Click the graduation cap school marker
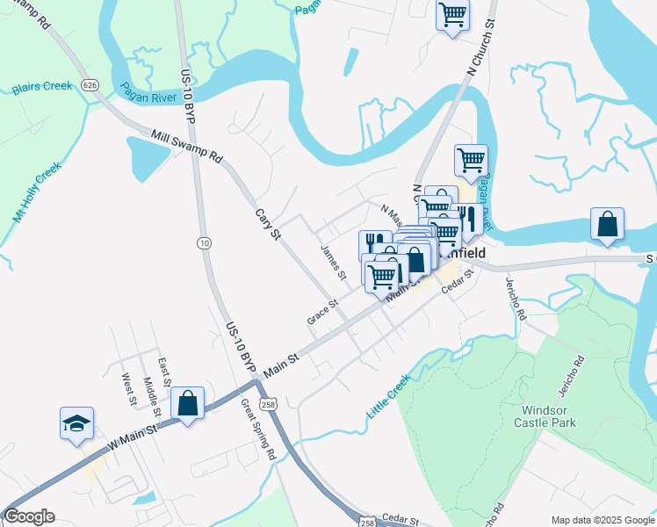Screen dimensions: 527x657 [x=76, y=422]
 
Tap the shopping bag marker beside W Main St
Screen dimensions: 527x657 [x=188, y=403]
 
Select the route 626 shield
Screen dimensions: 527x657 [x=89, y=85]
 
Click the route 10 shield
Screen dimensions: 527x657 [x=204, y=242]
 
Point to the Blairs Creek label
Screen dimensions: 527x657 [x=42, y=88]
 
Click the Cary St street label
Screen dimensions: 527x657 [x=267, y=224]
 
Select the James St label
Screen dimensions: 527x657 [x=335, y=263]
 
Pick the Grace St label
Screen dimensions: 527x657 [x=322, y=313]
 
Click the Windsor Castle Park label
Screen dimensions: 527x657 [x=551, y=415]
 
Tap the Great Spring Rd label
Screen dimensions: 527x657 [x=259, y=430]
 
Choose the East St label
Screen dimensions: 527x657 [x=163, y=372]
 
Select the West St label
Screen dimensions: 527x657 [x=130, y=389]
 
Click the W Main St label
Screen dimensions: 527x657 [x=133, y=437]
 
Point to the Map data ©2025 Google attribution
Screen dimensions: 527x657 [x=602, y=520]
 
